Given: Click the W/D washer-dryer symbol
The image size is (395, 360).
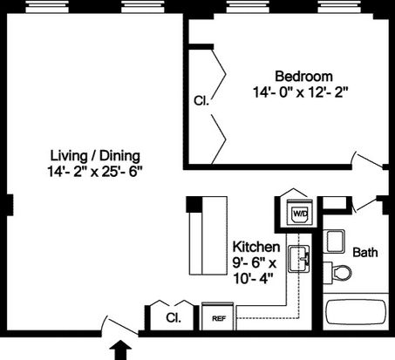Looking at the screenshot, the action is [x=300, y=212].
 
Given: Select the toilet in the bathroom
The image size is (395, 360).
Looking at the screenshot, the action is [x=337, y=273].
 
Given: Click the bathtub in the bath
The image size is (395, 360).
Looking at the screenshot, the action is [x=356, y=312].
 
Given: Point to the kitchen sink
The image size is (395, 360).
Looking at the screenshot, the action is [x=298, y=259].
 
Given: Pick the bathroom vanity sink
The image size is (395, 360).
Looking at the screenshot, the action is [x=334, y=241].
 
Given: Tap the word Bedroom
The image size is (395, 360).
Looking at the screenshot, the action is [x=303, y=77].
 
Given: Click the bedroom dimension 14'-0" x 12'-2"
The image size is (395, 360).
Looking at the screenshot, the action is [x=301, y=92].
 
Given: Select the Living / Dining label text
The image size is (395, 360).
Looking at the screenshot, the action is [x=95, y=156].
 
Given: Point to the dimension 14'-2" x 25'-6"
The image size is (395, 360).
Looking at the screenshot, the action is [x=95, y=172].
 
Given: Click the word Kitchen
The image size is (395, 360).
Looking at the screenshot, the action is [x=256, y=247].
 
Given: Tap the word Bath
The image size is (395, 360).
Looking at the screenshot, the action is [x=365, y=252].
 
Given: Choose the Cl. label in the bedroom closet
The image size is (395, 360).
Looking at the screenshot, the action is [x=201, y=101].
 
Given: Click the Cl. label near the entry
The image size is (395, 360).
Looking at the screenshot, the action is [x=174, y=317].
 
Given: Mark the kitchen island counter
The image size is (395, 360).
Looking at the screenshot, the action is [x=208, y=235].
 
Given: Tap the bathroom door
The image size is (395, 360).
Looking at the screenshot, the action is [x=365, y=204].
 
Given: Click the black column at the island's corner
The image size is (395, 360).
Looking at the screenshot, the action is [x=194, y=205].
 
